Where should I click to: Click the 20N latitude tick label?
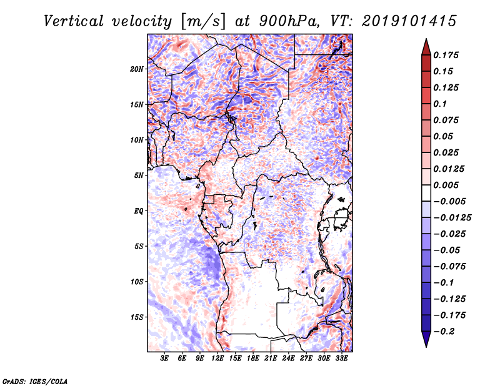136,69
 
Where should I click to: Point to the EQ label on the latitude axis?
139,211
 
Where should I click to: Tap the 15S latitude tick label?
137,317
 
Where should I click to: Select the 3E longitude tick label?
164,359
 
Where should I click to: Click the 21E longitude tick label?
271,359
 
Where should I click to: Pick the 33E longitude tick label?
341,359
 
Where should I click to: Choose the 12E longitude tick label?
217,359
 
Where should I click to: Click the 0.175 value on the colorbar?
446,55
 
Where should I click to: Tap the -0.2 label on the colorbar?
444,332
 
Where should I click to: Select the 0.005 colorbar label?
446,185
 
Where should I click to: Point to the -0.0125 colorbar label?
452,218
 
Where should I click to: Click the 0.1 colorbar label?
440,104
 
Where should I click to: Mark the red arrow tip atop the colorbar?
426,39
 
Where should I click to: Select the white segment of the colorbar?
426,193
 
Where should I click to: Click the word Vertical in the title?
74,21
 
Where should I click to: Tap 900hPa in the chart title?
289,21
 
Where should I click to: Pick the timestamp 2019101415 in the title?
409,21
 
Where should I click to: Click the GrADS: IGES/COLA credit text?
35,382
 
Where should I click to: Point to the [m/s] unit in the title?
203,21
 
